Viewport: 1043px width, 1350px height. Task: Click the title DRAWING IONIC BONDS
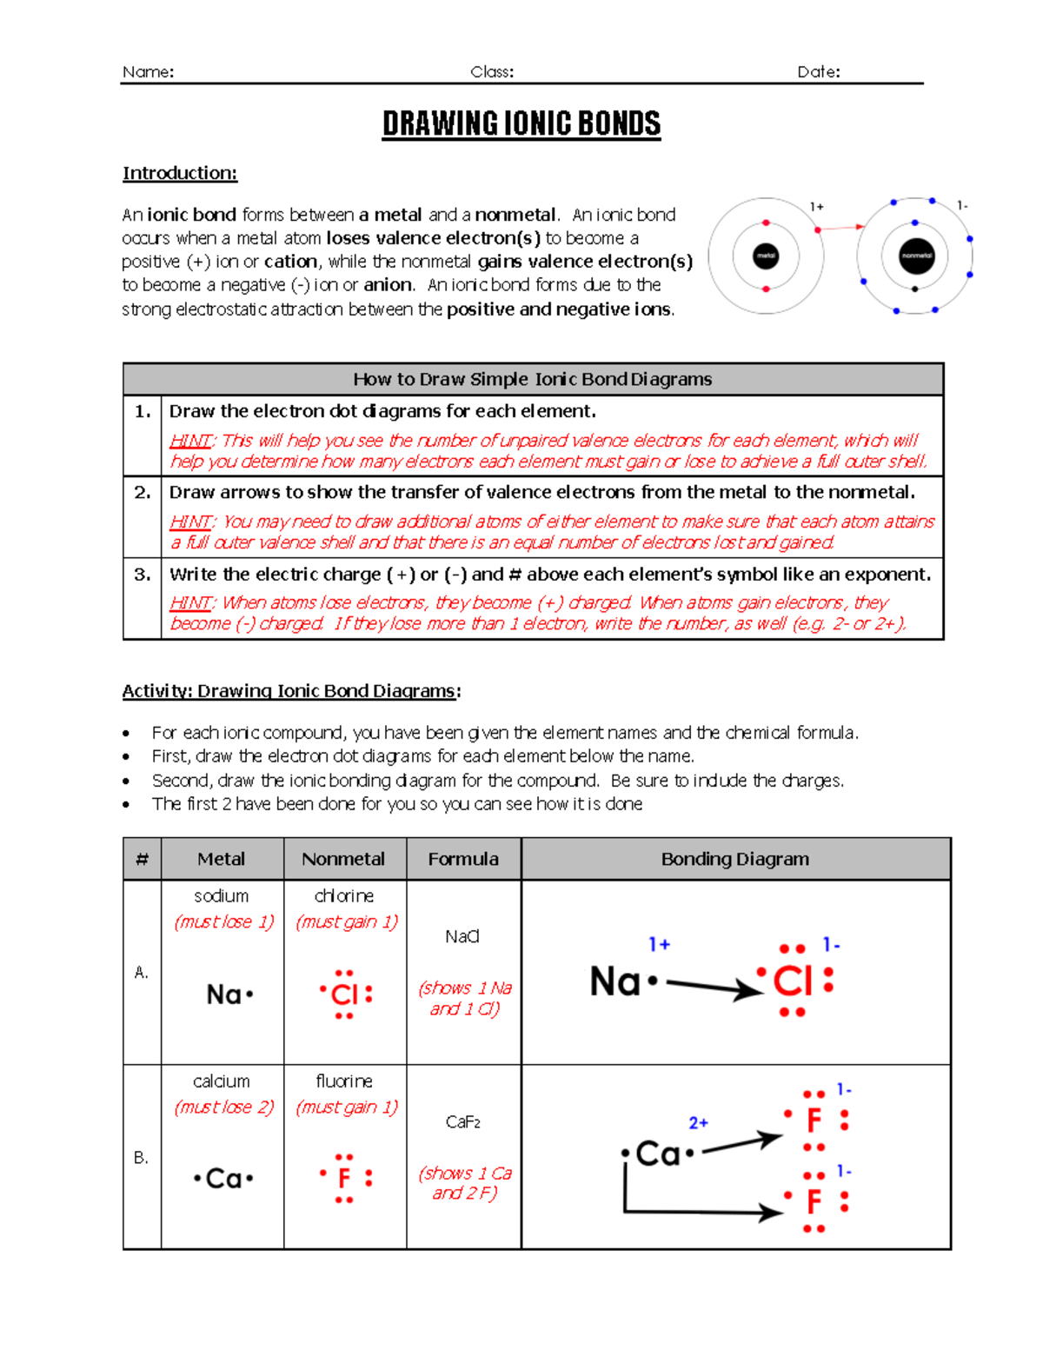(521, 123)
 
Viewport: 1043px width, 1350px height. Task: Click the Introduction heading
(180, 173)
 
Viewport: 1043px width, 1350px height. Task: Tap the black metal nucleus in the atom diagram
(766, 256)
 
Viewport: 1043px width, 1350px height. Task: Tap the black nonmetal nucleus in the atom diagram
(916, 256)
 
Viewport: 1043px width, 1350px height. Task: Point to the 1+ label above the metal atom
(817, 207)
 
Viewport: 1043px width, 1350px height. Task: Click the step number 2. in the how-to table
(143, 492)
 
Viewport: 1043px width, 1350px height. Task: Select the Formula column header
(463, 859)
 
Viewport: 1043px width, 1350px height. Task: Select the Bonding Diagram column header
(735, 859)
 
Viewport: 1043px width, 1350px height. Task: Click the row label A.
(142, 972)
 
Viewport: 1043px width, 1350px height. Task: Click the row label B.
(142, 1157)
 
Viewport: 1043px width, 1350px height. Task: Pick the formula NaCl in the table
(462, 936)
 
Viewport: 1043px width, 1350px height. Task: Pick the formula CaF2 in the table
(463, 1122)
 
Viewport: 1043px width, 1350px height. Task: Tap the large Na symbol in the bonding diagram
(615, 981)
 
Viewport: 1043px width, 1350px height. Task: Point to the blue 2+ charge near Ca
(698, 1123)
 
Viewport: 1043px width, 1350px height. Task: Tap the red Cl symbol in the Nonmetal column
(345, 994)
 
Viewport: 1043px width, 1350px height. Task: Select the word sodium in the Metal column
(221, 895)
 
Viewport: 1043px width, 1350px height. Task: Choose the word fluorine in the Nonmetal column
(344, 1081)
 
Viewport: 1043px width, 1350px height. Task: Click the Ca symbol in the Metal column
(223, 1179)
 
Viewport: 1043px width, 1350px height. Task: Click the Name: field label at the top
(148, 72)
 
